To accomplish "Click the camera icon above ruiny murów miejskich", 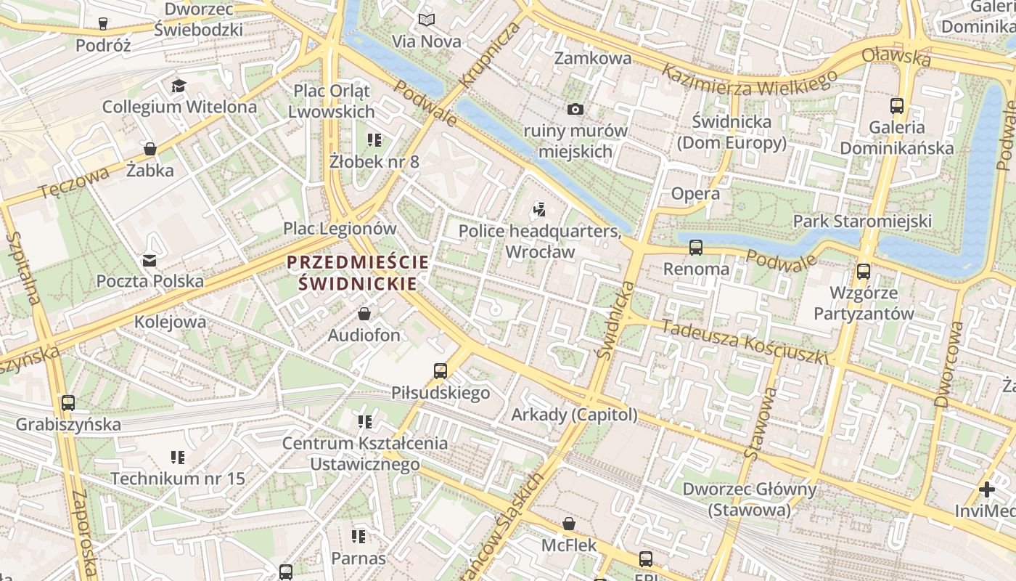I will (575, 109).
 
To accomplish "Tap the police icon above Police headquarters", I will (538, 211).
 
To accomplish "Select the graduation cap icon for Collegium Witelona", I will (179, 86).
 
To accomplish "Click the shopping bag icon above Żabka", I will (150, 149).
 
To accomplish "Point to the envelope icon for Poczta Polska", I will (149, 260).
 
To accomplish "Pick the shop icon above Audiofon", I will (364, 314).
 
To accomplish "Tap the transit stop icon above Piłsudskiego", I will (441, 370).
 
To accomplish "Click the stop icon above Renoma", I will (696, 247).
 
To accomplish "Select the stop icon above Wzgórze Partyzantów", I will (864, 272).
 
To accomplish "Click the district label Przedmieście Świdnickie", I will (358, 272).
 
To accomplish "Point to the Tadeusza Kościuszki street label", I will (744, 341).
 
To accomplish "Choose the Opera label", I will (695, 193).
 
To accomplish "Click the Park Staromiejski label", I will (862, 221).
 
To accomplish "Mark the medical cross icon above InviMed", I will (987, 489).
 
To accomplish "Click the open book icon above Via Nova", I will (427, 20).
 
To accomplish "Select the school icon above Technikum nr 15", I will (178, 457).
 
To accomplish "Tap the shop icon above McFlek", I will (569, 524).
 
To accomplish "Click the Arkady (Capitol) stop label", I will (574, 415).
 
